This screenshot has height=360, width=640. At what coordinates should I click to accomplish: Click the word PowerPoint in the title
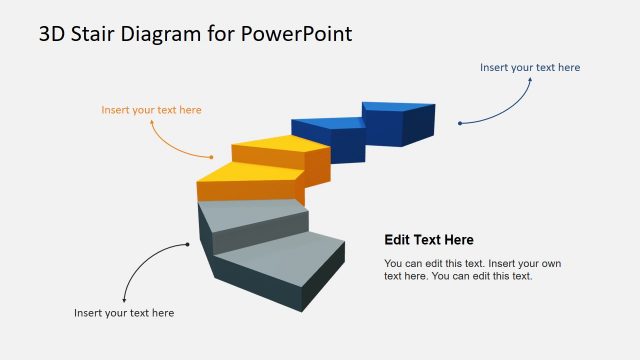coord(297,34)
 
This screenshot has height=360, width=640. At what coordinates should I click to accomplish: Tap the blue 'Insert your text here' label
coord(529,67)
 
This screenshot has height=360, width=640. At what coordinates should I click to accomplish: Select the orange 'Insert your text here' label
coord(151,109)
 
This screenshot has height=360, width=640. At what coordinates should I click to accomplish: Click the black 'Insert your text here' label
coord(124,313)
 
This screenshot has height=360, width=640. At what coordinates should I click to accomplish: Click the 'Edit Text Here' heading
coord(429,240)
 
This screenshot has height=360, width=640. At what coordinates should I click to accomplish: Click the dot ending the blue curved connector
coord(459,123)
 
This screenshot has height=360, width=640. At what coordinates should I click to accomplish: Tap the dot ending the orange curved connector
coord(212,157)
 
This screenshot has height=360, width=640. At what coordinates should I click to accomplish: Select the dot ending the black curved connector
coord(187,244)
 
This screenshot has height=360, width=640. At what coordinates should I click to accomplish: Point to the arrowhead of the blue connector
coord(529,80)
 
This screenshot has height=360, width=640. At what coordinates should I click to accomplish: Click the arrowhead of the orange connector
coord(152,121)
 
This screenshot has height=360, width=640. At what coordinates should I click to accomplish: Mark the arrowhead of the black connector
coord(124,300)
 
